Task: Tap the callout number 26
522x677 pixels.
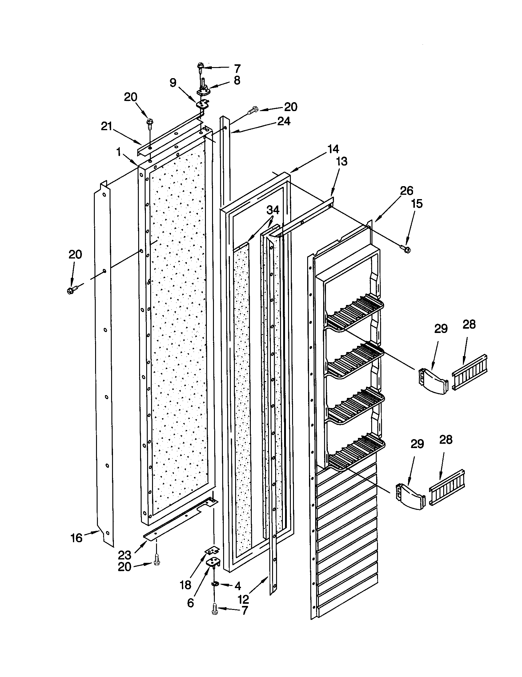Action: click(406, 191)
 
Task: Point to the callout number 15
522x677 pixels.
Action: click(417, 204)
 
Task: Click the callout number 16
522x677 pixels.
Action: click(76, 538)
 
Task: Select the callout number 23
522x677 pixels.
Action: click(125, 555)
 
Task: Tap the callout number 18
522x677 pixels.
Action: click(185, 585)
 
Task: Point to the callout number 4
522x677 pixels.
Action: click(237, 586)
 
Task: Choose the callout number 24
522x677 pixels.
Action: click(284, 121)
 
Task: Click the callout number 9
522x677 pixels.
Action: click(173, 82)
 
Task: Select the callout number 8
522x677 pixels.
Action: click(237, 80)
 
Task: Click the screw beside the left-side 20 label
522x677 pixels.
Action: click(71, 290)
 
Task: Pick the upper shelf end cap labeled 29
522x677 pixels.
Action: click(433, 381)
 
